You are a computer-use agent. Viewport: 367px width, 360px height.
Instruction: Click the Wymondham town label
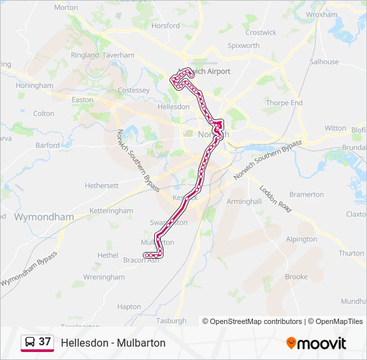pos(44,217)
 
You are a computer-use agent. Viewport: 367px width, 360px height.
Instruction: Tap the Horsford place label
pos(165,26)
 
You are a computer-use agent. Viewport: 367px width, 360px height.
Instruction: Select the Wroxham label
pos(321,14)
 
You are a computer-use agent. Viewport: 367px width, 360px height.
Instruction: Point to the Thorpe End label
pos(284,103)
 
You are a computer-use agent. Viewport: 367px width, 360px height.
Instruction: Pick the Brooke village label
pos(296,277)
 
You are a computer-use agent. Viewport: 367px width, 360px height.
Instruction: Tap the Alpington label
pos(301,239)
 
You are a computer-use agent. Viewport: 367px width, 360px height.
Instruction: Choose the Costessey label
pos(133,91)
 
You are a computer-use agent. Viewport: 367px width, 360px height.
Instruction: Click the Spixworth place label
pos(243,46)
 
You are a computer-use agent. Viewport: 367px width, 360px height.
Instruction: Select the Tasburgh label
pos(171,321)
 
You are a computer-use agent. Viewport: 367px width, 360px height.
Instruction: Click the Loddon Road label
pos(276,199)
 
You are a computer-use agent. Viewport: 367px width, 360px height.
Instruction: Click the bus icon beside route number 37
pos(29,342)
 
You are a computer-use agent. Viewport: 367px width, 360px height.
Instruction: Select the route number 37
pos(45,341)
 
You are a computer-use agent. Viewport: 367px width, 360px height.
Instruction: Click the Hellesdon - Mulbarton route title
pos(113,343)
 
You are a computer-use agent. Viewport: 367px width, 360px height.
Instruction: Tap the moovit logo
pos(316,343)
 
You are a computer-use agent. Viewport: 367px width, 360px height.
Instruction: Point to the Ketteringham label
pos(111,211)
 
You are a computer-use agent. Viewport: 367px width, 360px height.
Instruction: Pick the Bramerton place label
pos(306,195)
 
